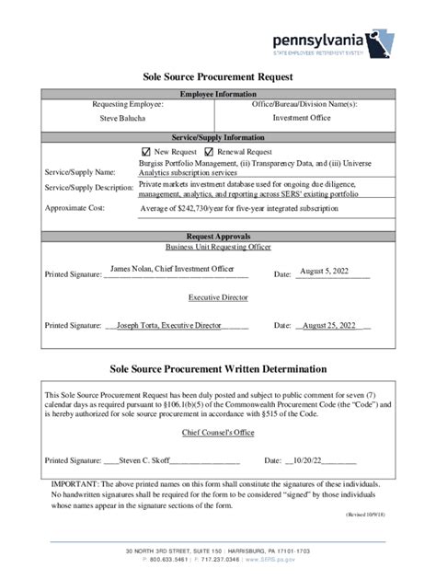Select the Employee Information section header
218,94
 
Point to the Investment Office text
302,118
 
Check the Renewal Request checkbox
209,152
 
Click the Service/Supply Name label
80,172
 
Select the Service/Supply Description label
89,188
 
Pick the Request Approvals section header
218,237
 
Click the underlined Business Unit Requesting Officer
218,247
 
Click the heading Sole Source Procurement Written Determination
218,369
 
